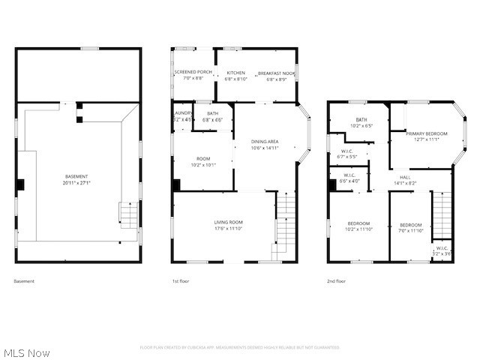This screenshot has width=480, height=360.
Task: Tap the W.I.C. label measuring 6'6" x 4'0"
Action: point(349,178)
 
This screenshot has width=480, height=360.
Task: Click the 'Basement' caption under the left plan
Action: point(24,281)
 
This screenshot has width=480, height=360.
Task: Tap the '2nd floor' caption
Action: point(336,281)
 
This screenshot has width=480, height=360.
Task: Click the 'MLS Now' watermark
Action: point(26,352)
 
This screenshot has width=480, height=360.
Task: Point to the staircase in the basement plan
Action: point(129,216)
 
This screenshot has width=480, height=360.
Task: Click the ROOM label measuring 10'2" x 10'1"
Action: point(203,161)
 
